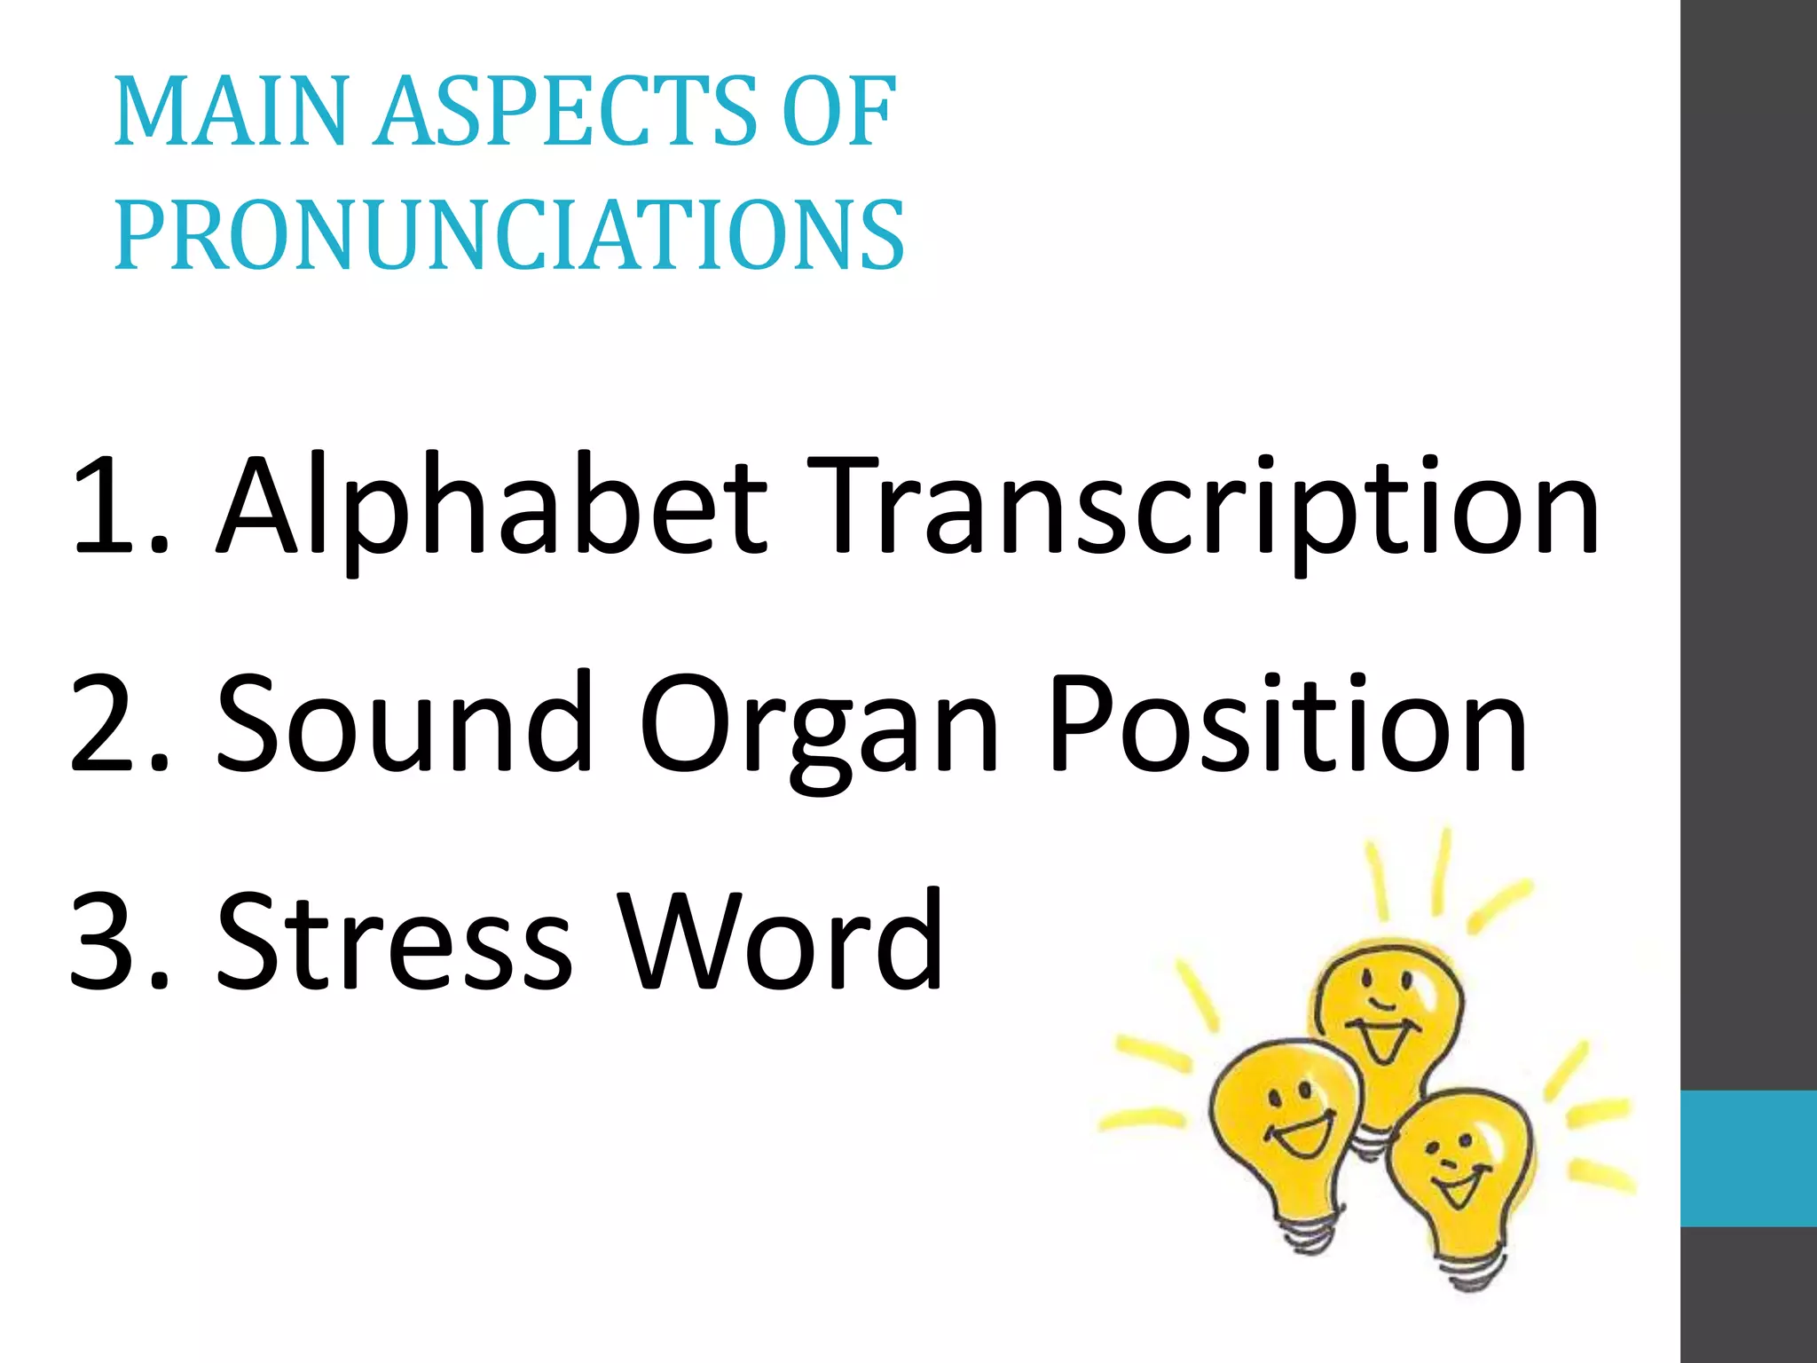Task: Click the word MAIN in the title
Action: click(x=231, y=113)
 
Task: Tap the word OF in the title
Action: click(x=838, y=113)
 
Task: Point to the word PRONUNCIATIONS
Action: click(x=509, y=235)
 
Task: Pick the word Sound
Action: click(x=405, y=723)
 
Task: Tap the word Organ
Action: click(x=820, y=728)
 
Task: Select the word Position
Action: click(x=1286, y=723)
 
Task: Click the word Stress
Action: click(x=396, y=941)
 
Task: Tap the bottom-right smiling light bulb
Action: click(x=1459, y=1171)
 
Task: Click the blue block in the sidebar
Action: click(x=1748, y=1158)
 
